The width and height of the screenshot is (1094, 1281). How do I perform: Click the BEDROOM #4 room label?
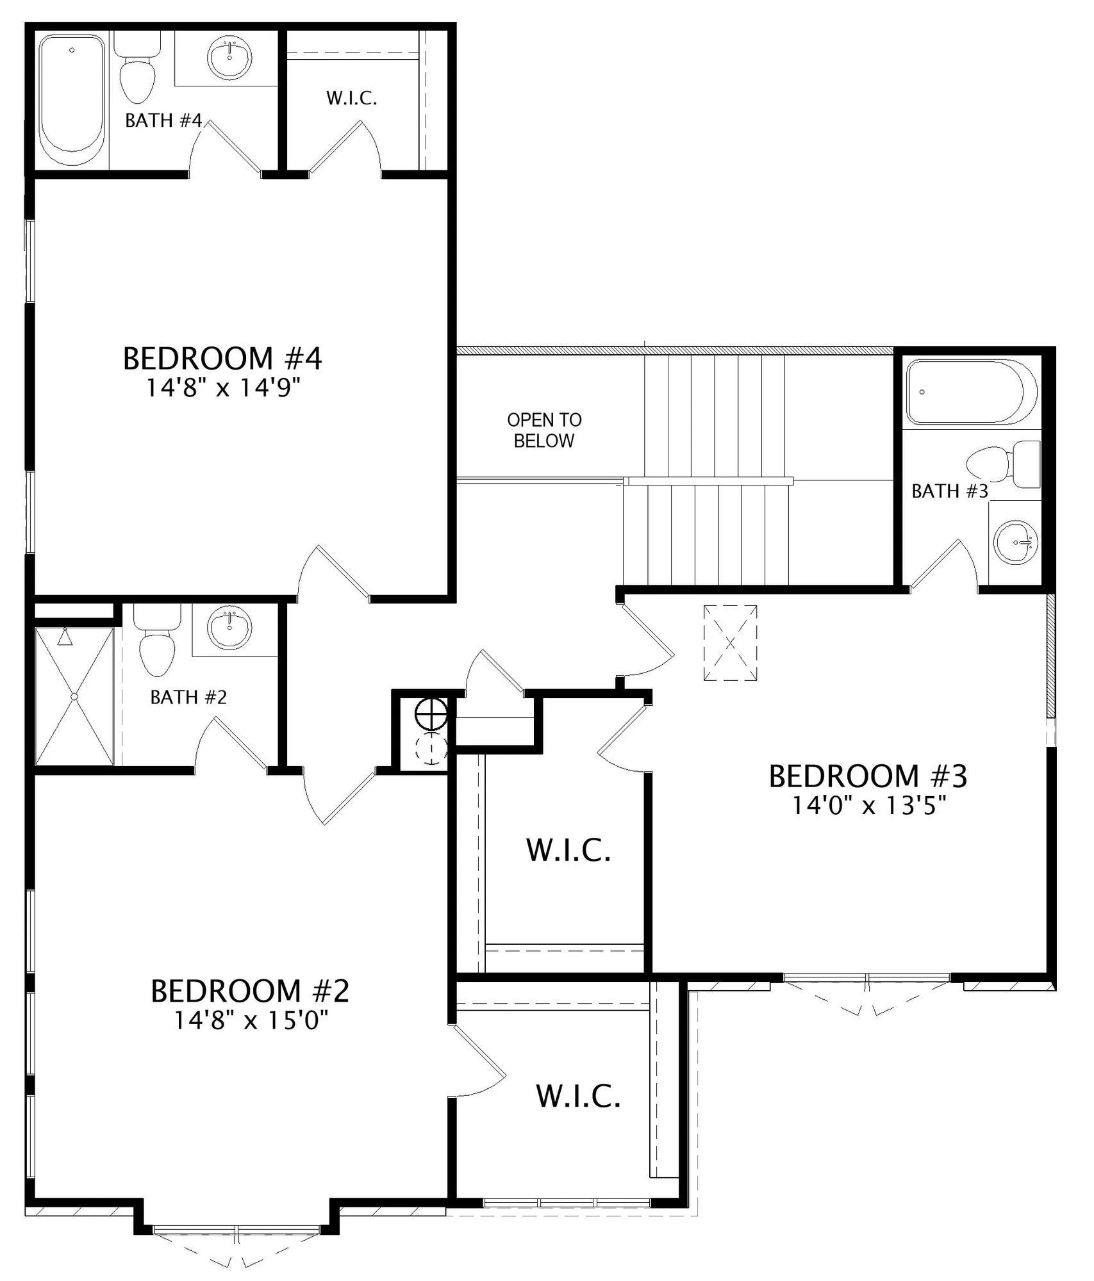click(x=222, y=359)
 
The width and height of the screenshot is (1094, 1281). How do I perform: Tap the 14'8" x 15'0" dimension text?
click(x=251, y=1020)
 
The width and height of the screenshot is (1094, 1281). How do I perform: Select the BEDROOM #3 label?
click(x=868, y=776)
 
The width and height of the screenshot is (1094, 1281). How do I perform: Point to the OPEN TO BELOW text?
click(x=544, y=430)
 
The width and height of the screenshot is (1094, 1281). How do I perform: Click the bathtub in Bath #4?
click(x=72, y=101)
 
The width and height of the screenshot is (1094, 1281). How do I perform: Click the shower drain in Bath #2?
click(x=74, y=696)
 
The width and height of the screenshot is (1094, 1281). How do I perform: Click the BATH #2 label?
click(x=188, y=697)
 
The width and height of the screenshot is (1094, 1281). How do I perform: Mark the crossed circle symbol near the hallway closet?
click(x=431, y=714)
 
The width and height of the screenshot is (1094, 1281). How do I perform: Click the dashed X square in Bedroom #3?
click(x=730, y=643)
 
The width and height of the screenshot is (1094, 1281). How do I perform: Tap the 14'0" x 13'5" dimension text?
click(x=869, y=805)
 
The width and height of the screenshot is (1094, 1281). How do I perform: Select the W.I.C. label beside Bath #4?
click(x=351, y=99)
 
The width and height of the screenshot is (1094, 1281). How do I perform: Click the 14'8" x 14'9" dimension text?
click(x=224, y=388)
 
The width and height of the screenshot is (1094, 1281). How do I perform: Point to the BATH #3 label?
click(x=950, y=491)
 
